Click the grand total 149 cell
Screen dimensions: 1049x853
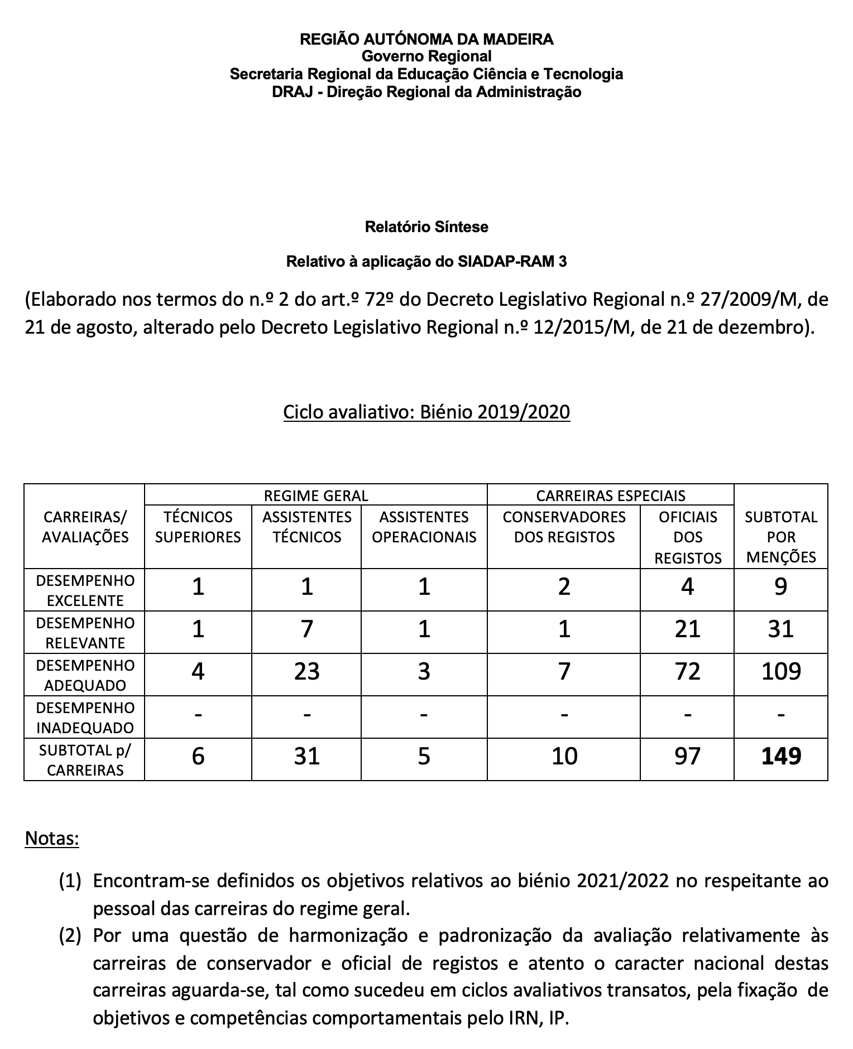coord(780,757)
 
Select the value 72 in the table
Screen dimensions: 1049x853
coord(687,672)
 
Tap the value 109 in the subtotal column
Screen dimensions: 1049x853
coord(780,672)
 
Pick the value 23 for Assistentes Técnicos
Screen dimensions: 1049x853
coord(307,672)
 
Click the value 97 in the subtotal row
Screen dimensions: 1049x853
coord(687,757)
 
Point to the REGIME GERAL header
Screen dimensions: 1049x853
coord(315,495)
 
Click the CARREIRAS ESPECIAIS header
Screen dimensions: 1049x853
coord(610,495)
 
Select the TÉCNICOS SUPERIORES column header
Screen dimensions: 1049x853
coord(198,527)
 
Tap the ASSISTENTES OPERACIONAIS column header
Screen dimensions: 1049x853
coord(424,527)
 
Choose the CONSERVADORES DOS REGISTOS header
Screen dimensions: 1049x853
coord(564,527)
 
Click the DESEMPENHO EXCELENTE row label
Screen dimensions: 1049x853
coord(85,590)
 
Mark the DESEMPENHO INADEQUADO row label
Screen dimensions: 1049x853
coord(85,718)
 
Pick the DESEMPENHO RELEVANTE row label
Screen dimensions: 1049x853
coord(85,633)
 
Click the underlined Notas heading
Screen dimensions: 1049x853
coord(52,838)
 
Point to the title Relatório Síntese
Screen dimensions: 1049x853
coord(426,227)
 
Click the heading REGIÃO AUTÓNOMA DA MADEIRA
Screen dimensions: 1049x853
coord(426,39)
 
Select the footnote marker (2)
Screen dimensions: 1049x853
coord(70,935)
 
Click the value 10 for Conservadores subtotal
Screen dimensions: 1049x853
coord(564,757)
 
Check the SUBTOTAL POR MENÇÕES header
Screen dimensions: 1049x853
coord(780,537)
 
